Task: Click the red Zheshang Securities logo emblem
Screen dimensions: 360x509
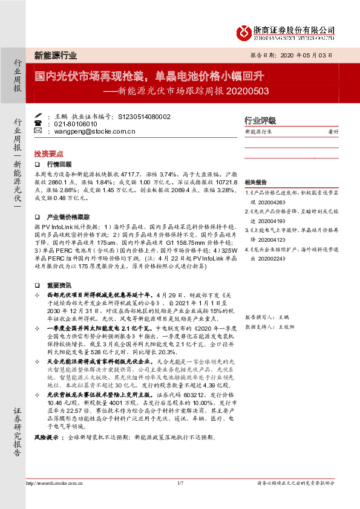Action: (x=244, y=31)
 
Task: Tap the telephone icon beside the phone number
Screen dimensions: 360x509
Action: (x=39, y=123)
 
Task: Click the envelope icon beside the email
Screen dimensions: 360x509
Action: (x=39, y=130)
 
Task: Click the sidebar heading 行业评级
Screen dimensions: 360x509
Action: (x=260, y=120)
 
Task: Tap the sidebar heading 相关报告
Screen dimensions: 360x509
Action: (x=255, y=182)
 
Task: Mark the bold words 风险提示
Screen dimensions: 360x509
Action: (x=46, y=436)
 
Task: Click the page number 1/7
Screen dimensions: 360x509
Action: (x=180, y=483)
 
